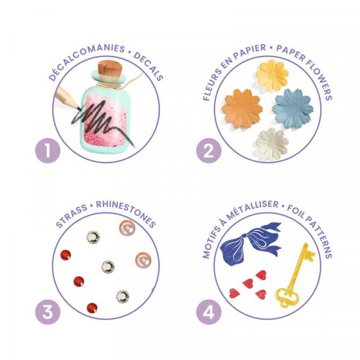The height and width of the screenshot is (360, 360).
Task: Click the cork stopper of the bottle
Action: (110, 69)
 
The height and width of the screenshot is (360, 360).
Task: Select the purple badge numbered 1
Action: (48, 151)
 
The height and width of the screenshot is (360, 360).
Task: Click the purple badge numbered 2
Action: (209, 151)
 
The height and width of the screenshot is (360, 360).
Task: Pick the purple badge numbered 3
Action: (48, 312)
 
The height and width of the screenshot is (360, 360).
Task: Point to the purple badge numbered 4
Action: (209, 312)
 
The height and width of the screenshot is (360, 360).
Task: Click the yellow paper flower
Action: (272, 75)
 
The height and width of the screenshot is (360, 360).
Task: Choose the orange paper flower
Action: (242, 109)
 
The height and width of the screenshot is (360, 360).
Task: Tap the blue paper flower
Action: (293, 108)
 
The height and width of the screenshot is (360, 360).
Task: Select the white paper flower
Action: (272, 144)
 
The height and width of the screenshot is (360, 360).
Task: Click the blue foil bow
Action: (250, 243)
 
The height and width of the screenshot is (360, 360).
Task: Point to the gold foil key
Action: (295, 275)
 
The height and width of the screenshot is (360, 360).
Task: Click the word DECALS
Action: (149, 65)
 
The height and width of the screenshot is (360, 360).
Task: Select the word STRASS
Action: (71, 215)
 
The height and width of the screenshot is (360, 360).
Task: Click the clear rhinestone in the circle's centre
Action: (107, 266)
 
